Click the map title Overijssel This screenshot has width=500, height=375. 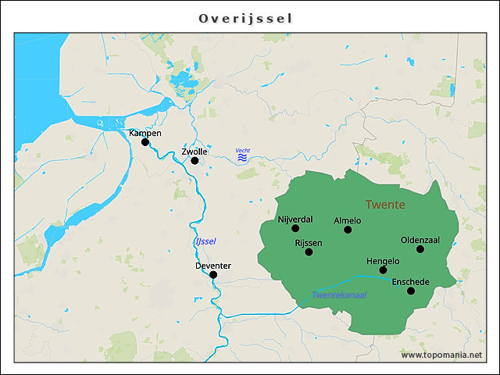pyautogui.click(x=245, y=18)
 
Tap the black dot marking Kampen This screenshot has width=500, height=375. pyautogui.click(x=145, y=142)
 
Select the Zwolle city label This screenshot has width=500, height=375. pyautogui.click(x=194, y=151)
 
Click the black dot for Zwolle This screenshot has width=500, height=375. pyautogui.click(x=195, y=161)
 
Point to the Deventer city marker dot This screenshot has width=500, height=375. pyautogui.click(x=213, y=274)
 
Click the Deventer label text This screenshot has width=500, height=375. pyautogui.click(x=213, y=266)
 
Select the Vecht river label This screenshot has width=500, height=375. pyautogui.click(x=242, y=150)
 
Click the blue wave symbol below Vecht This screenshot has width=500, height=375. pyautogui.click(x=242, y=158)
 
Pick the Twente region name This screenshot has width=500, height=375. pyautogui.click(x=384, y=205)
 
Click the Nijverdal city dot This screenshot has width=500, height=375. pyautogui.click(x=295, y=228)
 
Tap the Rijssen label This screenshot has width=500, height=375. pyautogui.click(x=309, y=243)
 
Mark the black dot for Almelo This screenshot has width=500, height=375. pyautogui.click(x=348, y=230)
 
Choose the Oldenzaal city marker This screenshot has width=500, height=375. pyautogui.click(x=420, y=249)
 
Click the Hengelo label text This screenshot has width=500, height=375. pyautogui.click(x=383, y=261)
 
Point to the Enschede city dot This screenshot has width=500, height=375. pyautogui.click(x=411, y=291)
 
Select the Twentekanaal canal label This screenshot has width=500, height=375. pyautogui.click(x=339, y=295)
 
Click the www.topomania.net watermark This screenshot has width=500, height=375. pyautogui.click(x=441, y=355)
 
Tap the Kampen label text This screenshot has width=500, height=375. pyautogui.click(x=145, y=133)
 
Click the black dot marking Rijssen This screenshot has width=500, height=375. pyautogui.click(x=309, y=252)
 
